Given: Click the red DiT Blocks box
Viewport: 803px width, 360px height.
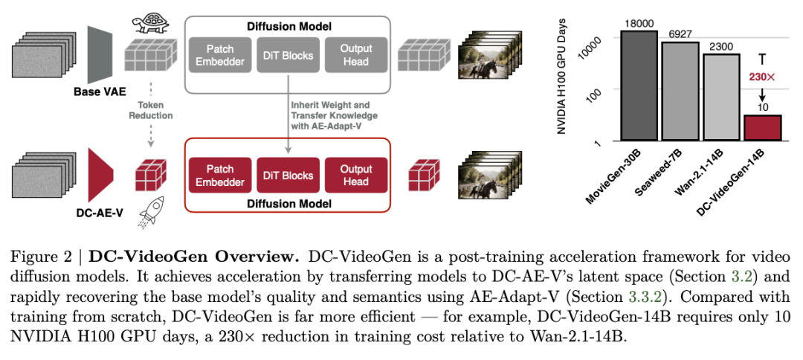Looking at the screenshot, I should click(288, 176).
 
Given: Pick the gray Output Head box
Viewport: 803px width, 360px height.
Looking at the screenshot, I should click(355, 55).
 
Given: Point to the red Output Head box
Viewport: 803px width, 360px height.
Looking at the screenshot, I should click(355, 176).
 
